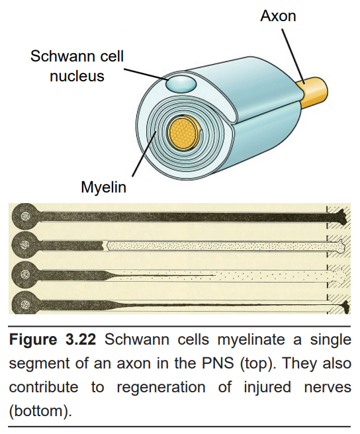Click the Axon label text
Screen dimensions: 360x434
(x=278, y=16)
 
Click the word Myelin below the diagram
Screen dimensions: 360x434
(x=104, y=188)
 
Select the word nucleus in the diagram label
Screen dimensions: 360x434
(x=77, y=76)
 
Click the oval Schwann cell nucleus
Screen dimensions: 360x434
(x=181, y=84)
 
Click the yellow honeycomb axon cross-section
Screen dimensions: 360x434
(x=183, y=132)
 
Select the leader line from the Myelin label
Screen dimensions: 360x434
(x=144, y=153)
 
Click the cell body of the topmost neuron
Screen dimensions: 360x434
(x=24, y=216)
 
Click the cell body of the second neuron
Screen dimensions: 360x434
(x=24, y=244)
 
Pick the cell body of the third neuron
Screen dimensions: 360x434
(x=24, y=274)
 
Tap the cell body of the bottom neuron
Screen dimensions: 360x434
(x=24, y=302)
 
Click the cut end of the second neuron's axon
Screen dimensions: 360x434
(x=103, y=245)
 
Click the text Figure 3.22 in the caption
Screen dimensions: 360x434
(x=52, y=339)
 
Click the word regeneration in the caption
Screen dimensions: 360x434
(x=161, y=388)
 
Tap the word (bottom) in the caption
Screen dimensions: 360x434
(x=40, y=411)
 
